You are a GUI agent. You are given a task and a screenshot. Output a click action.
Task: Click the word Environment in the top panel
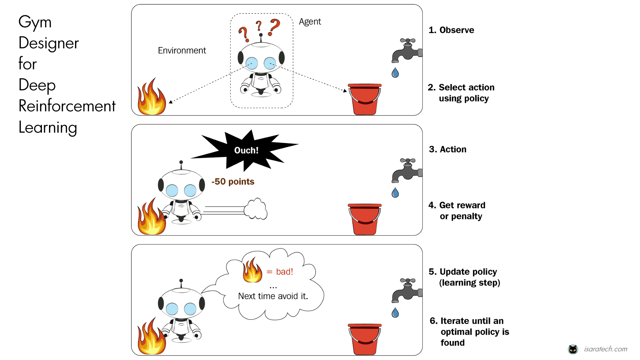click(x=182, y=50)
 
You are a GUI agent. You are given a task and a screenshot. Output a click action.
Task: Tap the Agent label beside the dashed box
click(x=310, y=22)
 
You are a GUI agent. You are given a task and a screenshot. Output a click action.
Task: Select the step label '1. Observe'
click(x=451, y=30)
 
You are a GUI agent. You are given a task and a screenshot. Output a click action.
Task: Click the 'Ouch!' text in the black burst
click(x=246, y=150)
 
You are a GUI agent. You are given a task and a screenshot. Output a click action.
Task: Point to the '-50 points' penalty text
click(x=233, y=182)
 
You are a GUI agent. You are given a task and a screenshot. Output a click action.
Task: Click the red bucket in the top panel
click(x=365, y=99)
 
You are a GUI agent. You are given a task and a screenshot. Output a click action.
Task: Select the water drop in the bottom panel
click(x=395, y=313)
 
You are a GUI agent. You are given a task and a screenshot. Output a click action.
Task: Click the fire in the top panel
click(x=152, y=98)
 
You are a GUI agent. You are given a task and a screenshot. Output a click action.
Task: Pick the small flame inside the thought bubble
click(x=252, y=270)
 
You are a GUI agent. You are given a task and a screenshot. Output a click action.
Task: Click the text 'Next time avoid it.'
click(x=273, y=296)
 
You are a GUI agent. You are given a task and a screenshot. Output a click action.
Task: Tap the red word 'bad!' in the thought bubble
click(x=284, y=272)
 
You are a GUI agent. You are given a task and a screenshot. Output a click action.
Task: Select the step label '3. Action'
click(x=447, y=149)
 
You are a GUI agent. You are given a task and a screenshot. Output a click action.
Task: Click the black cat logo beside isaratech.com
click(x=573, y=349)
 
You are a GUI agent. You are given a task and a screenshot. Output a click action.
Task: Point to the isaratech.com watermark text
click(x=605, y=349)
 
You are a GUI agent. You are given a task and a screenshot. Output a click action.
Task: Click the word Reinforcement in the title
click(x=67, y=106)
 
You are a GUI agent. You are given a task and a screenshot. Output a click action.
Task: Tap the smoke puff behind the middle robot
click(x=256, y=209)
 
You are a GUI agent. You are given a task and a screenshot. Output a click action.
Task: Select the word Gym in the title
click(x=35, y=23)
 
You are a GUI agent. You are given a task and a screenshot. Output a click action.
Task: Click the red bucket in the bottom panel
click(x=365, y=339)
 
